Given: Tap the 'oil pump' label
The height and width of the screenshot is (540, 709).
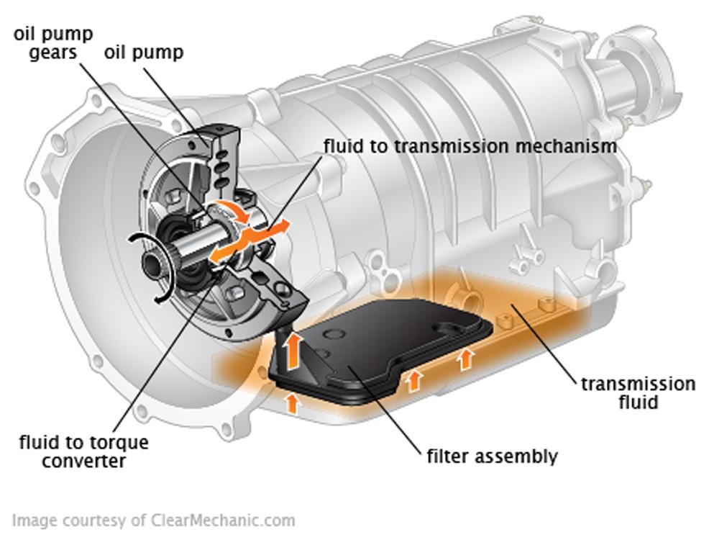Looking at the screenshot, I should point(144,53).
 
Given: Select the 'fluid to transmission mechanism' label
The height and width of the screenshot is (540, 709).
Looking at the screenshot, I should point(470,145).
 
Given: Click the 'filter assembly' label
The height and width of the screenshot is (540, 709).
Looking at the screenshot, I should point(491,456).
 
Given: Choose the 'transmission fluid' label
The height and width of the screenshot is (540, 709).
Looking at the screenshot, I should point(638,392).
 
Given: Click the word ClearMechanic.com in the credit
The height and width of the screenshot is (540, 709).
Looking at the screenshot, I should point(223,520).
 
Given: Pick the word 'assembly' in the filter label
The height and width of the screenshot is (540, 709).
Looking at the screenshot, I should point(523,456).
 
